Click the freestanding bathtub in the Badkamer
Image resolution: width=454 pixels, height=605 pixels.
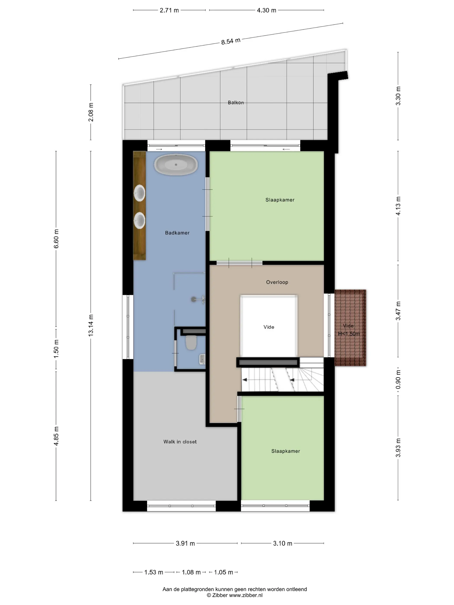pos(176,164)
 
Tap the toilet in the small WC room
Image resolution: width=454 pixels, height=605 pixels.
pos(191,342)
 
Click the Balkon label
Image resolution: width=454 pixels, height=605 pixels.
pos(236,103)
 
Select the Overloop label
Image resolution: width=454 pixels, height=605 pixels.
pos(277,282)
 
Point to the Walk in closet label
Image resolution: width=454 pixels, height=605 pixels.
pos(180,441)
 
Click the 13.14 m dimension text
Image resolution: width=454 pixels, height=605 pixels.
pos(91,325)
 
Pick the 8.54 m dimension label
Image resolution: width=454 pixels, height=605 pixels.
pos(231,41)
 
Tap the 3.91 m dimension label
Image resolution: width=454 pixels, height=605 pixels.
pos(185,543)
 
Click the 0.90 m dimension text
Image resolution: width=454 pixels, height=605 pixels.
pos(398,379)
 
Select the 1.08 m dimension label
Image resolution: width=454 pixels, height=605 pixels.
pos(191,572)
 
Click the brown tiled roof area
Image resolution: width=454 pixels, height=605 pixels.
pos(350,328)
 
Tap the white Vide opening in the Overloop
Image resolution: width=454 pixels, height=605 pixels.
pos(269,326)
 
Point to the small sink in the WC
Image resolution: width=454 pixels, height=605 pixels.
pos(202,359)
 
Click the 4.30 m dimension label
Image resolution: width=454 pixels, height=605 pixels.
pos(266,10)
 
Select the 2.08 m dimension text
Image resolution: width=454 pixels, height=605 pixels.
pos(91,112)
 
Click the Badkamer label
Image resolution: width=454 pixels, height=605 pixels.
pos(177,233)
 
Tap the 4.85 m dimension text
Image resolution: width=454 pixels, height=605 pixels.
pos(56,436)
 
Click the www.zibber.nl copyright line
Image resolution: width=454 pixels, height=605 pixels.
pos(235,595)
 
